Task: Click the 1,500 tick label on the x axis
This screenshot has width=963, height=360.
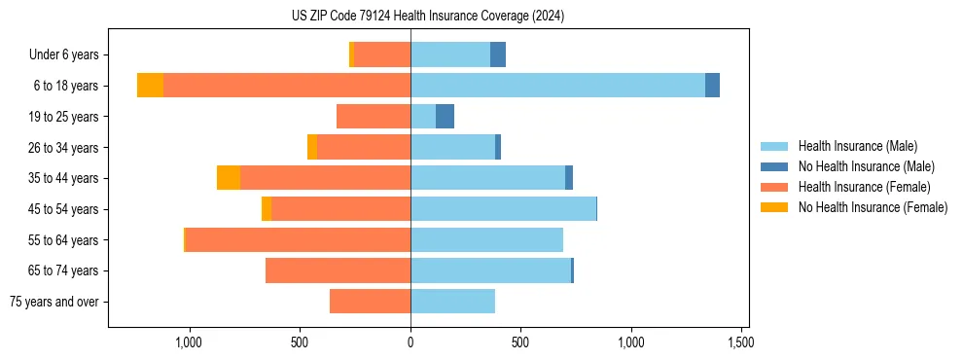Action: [741, 342]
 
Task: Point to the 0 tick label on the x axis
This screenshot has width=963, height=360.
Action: [410, 342]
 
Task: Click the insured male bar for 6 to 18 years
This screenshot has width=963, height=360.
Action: [557, 86]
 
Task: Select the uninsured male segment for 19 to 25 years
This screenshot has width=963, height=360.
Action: [445, 117]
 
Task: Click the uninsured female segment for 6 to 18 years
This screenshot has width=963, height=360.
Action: [150, 86]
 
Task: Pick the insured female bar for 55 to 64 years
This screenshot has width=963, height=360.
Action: [298, 240]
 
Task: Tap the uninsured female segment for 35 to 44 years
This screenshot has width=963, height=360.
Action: [229, 178]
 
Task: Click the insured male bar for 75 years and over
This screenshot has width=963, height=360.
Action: [452, 302]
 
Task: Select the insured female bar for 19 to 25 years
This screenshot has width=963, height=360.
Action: [374, 117]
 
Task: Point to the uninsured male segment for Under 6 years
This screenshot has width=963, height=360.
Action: [498, 54]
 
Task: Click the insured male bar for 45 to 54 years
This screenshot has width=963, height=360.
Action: [503, 209]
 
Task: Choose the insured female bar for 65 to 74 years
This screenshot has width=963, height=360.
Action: [338, 270]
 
